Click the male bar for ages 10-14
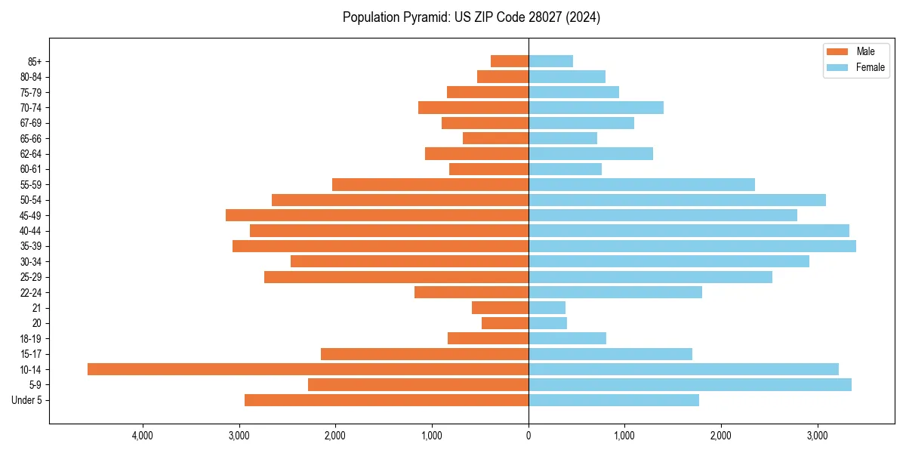coord(308,369)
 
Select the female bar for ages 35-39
coord(692,246)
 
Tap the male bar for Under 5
coord(387,400)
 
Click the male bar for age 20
coord(505,323)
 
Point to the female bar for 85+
coord(550,61)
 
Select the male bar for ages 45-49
coord(377,215)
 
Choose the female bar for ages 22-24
coord(615,292)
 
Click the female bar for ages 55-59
coord(642,184)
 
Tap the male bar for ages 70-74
coord(473,107)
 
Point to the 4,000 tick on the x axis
coord(143,436)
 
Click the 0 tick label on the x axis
coord(528,436)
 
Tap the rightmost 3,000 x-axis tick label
coord(818,436)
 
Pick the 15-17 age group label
coord(30,354)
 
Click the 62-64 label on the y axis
coord(30,154)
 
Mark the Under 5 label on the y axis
coord(27,400)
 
